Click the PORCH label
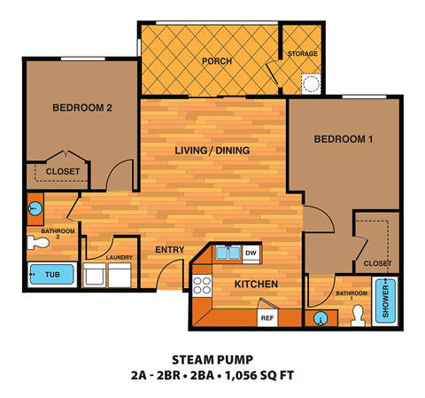(216, 61)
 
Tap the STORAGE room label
(302, 54)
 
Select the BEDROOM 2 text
(81, 109)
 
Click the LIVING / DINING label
(212, 151)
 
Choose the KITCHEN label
(256, 284)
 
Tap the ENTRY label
(169, 250)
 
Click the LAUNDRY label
(119, 258)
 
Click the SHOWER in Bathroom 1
(383, 301)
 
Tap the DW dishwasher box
(251, 254)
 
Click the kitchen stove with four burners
(203, 285)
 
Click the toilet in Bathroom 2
(38, 241)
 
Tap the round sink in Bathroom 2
(34, 209)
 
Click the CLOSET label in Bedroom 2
(62, 171)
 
